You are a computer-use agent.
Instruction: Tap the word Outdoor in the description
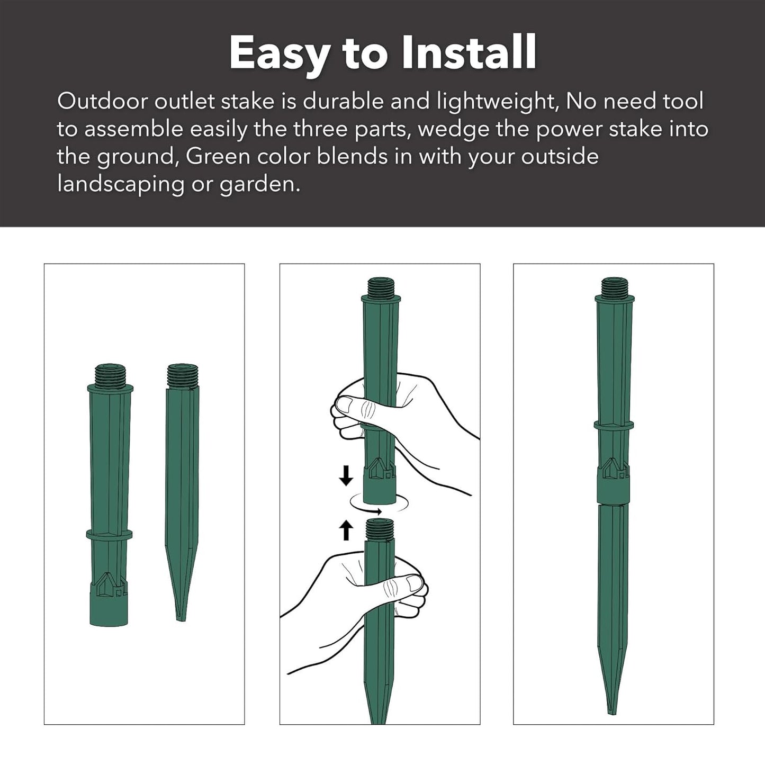(102, 101)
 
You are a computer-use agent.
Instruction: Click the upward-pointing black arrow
(346, 531)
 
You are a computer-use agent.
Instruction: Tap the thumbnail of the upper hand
(344, 406)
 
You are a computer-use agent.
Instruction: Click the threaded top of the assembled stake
(614, 286)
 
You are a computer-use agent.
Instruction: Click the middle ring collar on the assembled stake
(614, 425)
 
